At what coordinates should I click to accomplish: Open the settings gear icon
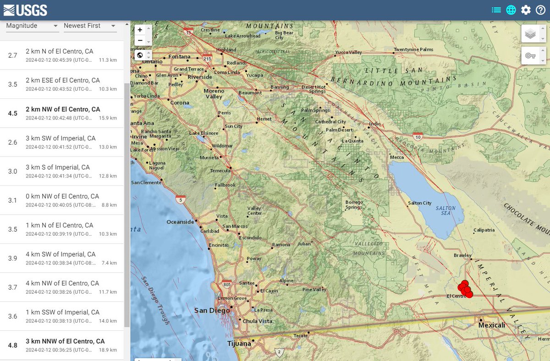click(x=526, y=10)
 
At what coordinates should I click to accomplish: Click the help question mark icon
click(x=540, y=10)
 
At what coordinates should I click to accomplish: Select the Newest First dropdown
click(x=90, y=26)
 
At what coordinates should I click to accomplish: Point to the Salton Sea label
click(x=445, y=211)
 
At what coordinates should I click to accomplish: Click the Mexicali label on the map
click(x=491, y=325)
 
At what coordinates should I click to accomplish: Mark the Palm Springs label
click(x=315, y=110)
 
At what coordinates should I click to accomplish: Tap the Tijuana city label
click(x=239, y=343)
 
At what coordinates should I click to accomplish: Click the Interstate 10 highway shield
click(x=417, y=136)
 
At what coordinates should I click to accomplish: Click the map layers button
click(x=530, y=34)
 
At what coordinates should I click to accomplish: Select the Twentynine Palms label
click(x=413, y=49)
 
